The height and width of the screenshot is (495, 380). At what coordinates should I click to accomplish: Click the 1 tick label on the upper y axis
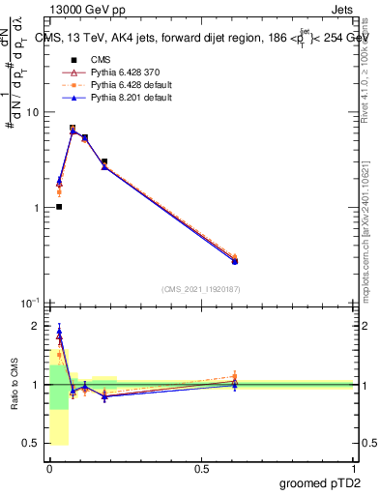[x=36, y=208]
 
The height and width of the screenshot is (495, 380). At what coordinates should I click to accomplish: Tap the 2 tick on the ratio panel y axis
[x=36, y=326]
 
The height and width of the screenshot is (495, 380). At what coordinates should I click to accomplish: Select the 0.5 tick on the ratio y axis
[x=32, y=444]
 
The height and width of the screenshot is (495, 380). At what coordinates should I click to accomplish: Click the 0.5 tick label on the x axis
[x=201, y=468]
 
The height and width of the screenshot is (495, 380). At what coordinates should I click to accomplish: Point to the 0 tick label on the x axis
[x=49, y=468]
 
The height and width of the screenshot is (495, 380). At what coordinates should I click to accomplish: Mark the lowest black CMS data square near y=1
[x=59, y=207]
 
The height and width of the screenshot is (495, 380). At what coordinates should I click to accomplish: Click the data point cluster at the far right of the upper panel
[x=234, y=260]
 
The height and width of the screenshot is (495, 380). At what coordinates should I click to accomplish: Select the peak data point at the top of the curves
[x=73, y=129]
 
